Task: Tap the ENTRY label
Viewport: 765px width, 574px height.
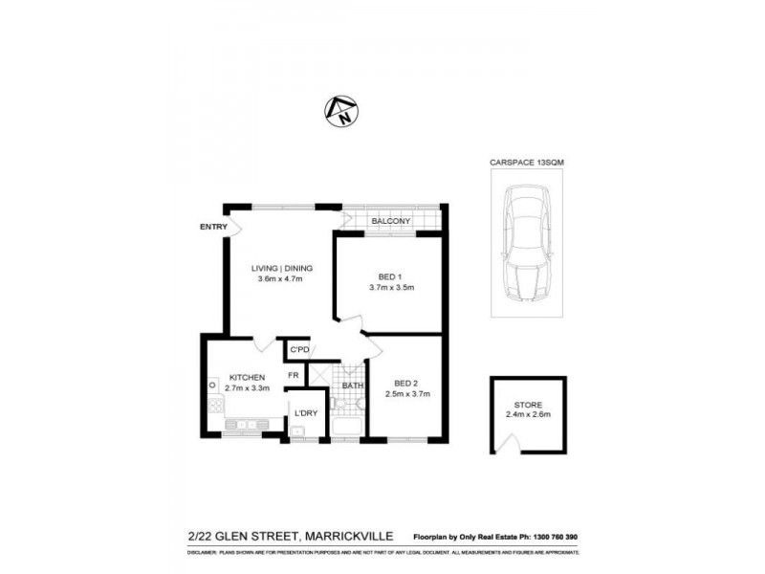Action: [x=213, y=227]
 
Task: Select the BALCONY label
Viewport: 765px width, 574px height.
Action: [x=391, y=222]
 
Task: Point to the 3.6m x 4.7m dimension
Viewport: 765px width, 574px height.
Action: [x=280, y=279]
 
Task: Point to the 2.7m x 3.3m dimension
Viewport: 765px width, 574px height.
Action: [x=246, y=389]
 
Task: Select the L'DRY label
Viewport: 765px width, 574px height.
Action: [x=306, y=413]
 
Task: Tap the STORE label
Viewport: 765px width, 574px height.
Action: [x=528, y=405]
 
